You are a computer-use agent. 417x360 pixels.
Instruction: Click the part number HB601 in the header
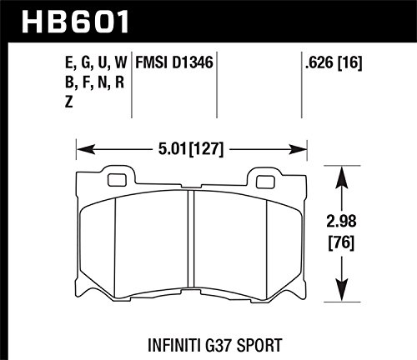click(75, 22)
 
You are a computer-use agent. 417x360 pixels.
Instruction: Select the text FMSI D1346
click(174, 62)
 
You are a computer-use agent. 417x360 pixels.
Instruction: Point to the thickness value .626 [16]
click(334, 62)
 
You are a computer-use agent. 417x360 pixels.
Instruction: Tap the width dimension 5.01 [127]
click(191, 149)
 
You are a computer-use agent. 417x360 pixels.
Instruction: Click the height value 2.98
click(341, 222)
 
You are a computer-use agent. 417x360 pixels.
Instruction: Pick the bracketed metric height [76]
click(341, 242)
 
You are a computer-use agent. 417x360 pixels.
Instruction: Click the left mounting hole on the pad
click(117, 180)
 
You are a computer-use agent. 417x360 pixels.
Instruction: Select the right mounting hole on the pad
click(265, 182)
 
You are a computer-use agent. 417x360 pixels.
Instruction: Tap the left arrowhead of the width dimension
click(85, 149)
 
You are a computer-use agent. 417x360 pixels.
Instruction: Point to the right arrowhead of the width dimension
click(298, 149)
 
